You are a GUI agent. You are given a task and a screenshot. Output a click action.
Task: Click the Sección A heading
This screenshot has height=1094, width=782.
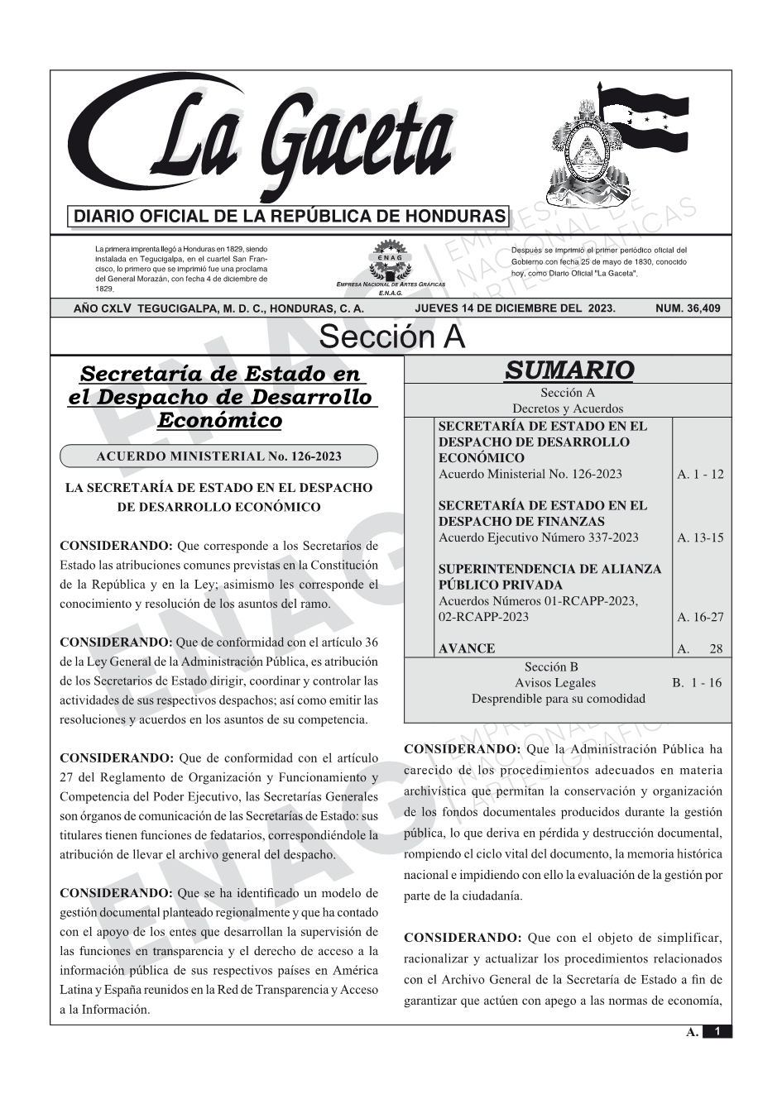[391, 337]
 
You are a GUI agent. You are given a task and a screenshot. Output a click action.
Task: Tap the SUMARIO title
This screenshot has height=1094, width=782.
[569, 370]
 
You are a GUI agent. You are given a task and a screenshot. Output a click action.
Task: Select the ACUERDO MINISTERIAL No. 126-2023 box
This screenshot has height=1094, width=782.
[218, 456]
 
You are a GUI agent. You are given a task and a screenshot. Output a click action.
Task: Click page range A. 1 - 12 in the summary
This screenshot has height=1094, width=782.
[700, 475]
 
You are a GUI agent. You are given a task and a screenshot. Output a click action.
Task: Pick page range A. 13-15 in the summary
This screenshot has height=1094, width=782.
[700, 538]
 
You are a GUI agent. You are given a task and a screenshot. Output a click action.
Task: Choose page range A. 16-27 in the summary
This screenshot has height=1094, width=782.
[700, 617]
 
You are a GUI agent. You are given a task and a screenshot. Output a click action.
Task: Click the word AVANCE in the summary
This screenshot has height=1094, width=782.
[467, 649]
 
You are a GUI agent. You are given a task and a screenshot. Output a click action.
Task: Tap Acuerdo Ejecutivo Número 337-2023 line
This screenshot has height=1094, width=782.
[539, 537]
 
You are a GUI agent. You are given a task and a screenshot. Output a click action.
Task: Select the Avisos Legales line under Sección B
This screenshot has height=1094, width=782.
[555, 683]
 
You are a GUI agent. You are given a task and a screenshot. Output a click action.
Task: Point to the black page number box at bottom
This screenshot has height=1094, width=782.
[717, 1031]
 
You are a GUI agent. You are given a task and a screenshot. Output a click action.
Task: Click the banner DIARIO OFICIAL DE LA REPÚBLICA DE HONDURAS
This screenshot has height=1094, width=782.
[290, 217]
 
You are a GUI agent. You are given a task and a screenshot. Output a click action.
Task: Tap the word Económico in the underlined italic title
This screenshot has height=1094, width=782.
[219, 420]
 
